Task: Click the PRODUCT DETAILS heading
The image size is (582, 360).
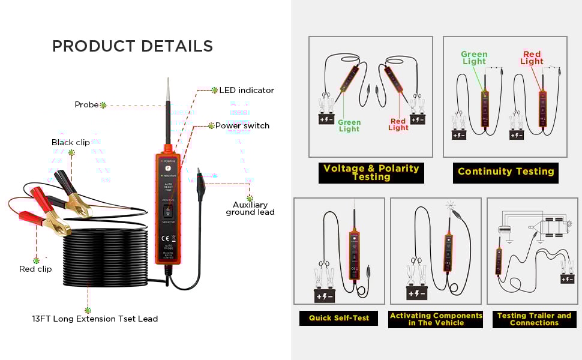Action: [x=132, y=46]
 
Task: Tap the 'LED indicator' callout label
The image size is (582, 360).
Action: [x=246, y=90]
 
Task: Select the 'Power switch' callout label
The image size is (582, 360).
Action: [x=242, y=125]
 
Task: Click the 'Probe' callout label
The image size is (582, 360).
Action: [x=86, y=104]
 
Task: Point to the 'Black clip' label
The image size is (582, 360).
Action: [x=70, y=142]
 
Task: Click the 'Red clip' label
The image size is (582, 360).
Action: [x=35, y=269]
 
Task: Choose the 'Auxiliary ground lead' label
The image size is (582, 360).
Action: [x=250, y=208]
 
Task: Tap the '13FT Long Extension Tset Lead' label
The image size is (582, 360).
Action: [x=95, y=319]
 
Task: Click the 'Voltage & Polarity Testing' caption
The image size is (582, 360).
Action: [x=371, y=173]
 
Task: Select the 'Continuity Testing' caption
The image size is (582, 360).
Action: [x=505, y=172]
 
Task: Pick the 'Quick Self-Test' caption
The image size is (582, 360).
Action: [x=338, y=318]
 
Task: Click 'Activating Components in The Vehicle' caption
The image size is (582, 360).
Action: [x=436, y=319]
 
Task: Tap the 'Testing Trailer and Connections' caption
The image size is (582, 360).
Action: [x=534, y=319]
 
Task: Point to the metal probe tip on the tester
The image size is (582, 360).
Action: [x=167, y=90]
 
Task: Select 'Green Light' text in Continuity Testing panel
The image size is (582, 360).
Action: [x=474, y=58]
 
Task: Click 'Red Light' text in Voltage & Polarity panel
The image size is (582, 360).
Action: [x=398, y=125]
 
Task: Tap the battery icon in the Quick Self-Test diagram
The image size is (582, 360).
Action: [x=324, y=295]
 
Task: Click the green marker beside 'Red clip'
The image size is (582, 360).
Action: [x=36, y=260]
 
